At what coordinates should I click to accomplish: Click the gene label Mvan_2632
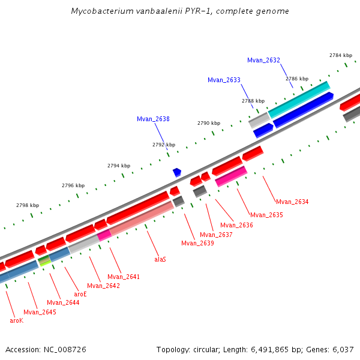click(263, 60)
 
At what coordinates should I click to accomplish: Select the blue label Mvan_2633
click(224, 80)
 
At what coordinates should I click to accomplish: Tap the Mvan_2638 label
click(153, 119)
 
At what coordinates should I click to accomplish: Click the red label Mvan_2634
click(292, 202)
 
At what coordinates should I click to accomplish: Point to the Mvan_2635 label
click(266, 215)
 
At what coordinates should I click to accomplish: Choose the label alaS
click(160, 259)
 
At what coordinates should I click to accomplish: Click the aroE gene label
click(80, 294)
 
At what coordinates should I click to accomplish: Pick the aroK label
click(16, 320)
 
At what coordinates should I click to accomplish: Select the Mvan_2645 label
click(40, 312)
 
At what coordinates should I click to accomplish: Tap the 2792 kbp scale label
click(164, 145)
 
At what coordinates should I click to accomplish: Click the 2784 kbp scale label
click(341, 55)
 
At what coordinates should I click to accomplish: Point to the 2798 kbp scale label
click(28, 205)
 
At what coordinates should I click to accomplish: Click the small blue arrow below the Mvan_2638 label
click(177, 172)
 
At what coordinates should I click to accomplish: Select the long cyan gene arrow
click(299, 99)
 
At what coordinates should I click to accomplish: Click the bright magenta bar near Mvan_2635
click(231, 176)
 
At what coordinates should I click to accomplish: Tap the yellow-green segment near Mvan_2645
click(44, 261)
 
